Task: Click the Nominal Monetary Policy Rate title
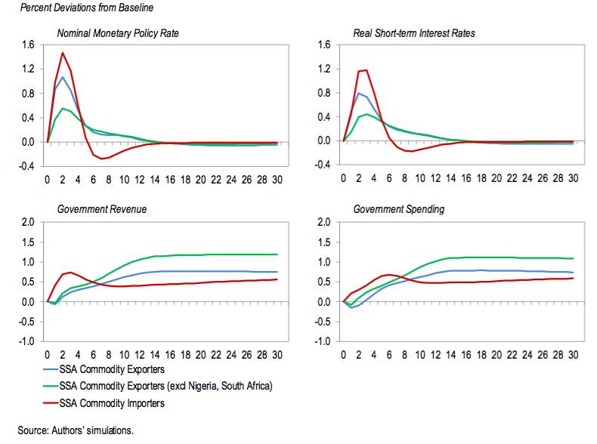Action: (118, 34)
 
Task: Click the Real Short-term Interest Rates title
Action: (414, 34)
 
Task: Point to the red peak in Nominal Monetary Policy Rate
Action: (63, 53)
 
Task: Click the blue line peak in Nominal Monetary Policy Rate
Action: (63, 77)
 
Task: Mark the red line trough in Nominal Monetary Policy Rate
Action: (101, 159)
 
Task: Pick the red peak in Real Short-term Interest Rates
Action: (366, 70)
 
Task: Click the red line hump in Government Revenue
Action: (70, 272)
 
